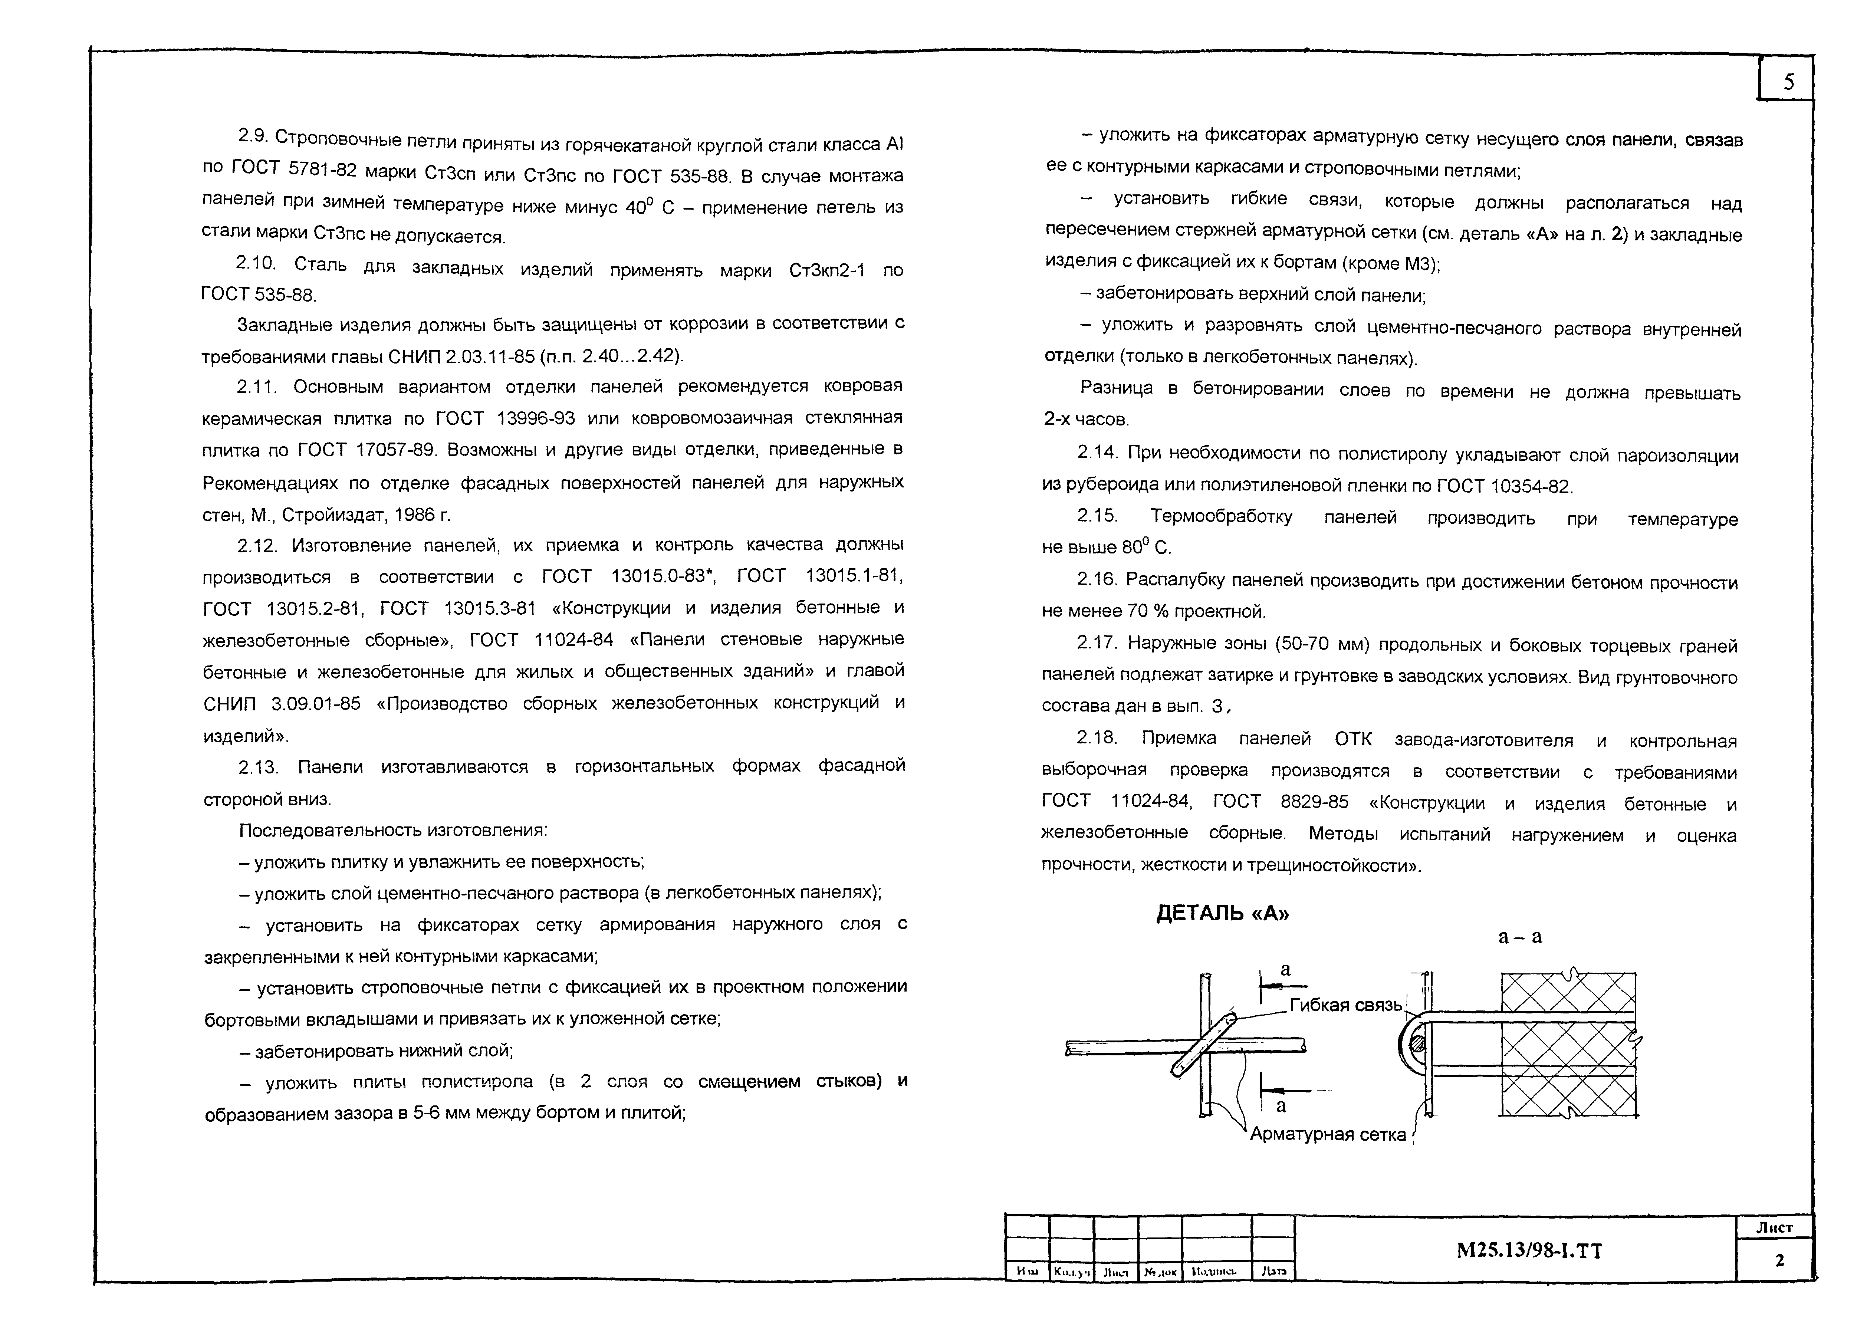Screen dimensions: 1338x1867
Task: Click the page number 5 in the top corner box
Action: pyautogui.click(x=1788, y=82)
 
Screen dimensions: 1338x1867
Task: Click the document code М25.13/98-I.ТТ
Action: pyautogui.click(x=1529, y=1252)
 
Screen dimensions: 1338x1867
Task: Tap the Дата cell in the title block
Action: pyautogui.click(x=1273, y=1271)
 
